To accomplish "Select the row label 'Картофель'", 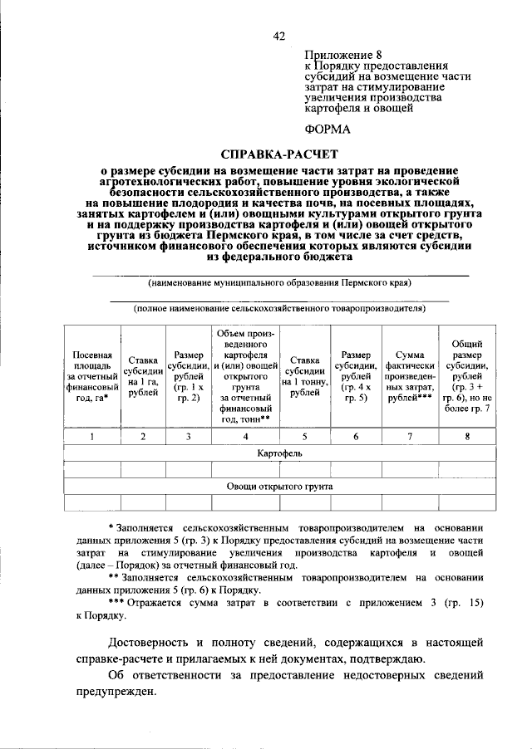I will pos(278,454).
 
